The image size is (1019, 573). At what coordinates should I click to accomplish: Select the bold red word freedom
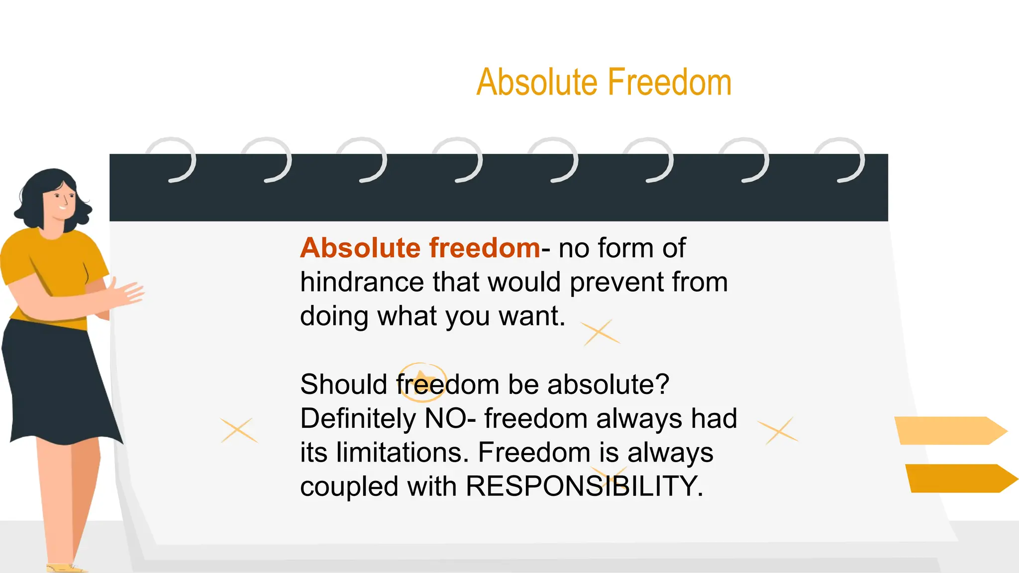484,248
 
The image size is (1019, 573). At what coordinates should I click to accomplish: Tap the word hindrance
362,282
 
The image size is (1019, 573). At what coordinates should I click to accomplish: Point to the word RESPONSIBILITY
584,486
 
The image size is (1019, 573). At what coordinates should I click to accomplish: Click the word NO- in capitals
450,418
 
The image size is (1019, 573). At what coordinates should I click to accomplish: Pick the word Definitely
358,418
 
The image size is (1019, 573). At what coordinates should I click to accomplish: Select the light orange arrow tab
948,430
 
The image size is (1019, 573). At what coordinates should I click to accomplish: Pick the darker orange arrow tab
958,478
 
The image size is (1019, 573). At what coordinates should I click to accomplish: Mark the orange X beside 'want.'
601,332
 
